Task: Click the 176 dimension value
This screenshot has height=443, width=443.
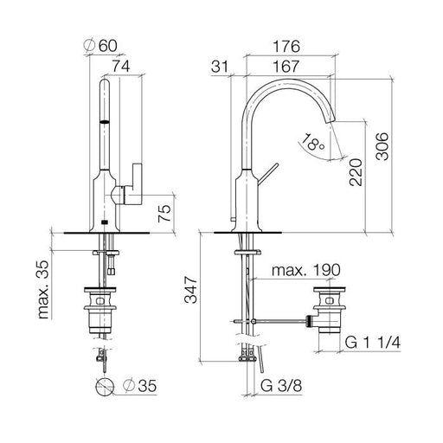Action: click(x=286, y=46)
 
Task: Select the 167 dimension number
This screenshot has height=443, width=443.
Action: click(x=286, y=67)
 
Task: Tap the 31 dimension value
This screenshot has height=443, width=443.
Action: click(x=220, y=67)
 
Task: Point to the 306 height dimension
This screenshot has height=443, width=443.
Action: click(x=382, y=146)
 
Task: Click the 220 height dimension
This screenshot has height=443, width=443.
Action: click(x=356, y=172)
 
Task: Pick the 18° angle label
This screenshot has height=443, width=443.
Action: click(x=312, y=142)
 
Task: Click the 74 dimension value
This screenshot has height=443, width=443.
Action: click(x=121, y=66)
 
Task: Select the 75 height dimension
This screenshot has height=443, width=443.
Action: click(x=164, y=214)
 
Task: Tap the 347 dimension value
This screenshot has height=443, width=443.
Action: click(x=191, y=290)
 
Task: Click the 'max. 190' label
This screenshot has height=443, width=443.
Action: click(x=306, y=270)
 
